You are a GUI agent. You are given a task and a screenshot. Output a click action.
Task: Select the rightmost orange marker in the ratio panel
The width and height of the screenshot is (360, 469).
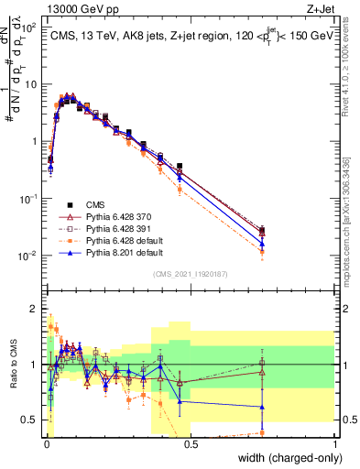263,432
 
